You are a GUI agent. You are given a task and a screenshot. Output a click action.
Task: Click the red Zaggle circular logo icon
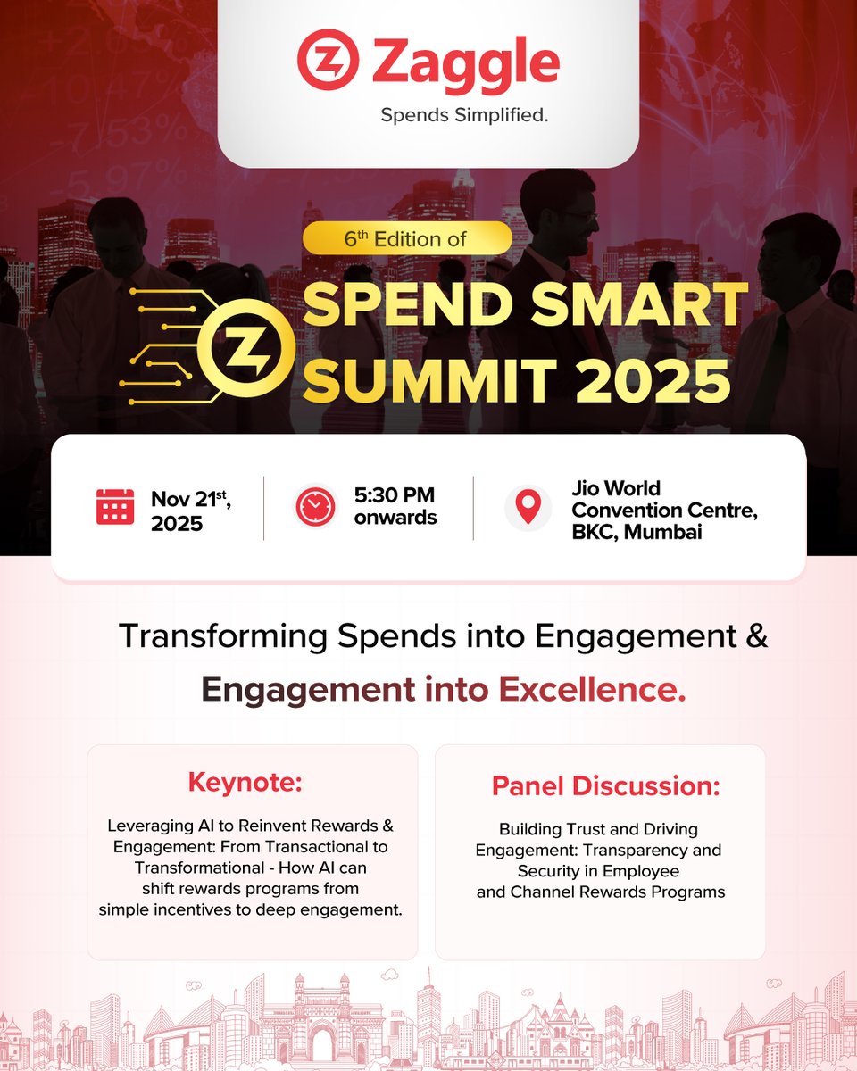(328, 61)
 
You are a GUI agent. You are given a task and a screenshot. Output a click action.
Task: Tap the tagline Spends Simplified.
(463, 115)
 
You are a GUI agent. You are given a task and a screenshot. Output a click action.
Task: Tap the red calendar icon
(115, 506)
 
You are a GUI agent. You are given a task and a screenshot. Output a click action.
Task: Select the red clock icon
(315, 507)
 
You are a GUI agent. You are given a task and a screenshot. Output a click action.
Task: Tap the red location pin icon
(528, 507)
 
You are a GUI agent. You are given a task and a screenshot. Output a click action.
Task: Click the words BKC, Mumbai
(636, 533)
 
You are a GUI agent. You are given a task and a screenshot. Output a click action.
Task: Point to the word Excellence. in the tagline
(592, 689)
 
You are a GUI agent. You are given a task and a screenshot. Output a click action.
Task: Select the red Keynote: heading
(245, 783)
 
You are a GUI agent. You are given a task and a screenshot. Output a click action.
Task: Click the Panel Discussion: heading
(605, 786)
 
